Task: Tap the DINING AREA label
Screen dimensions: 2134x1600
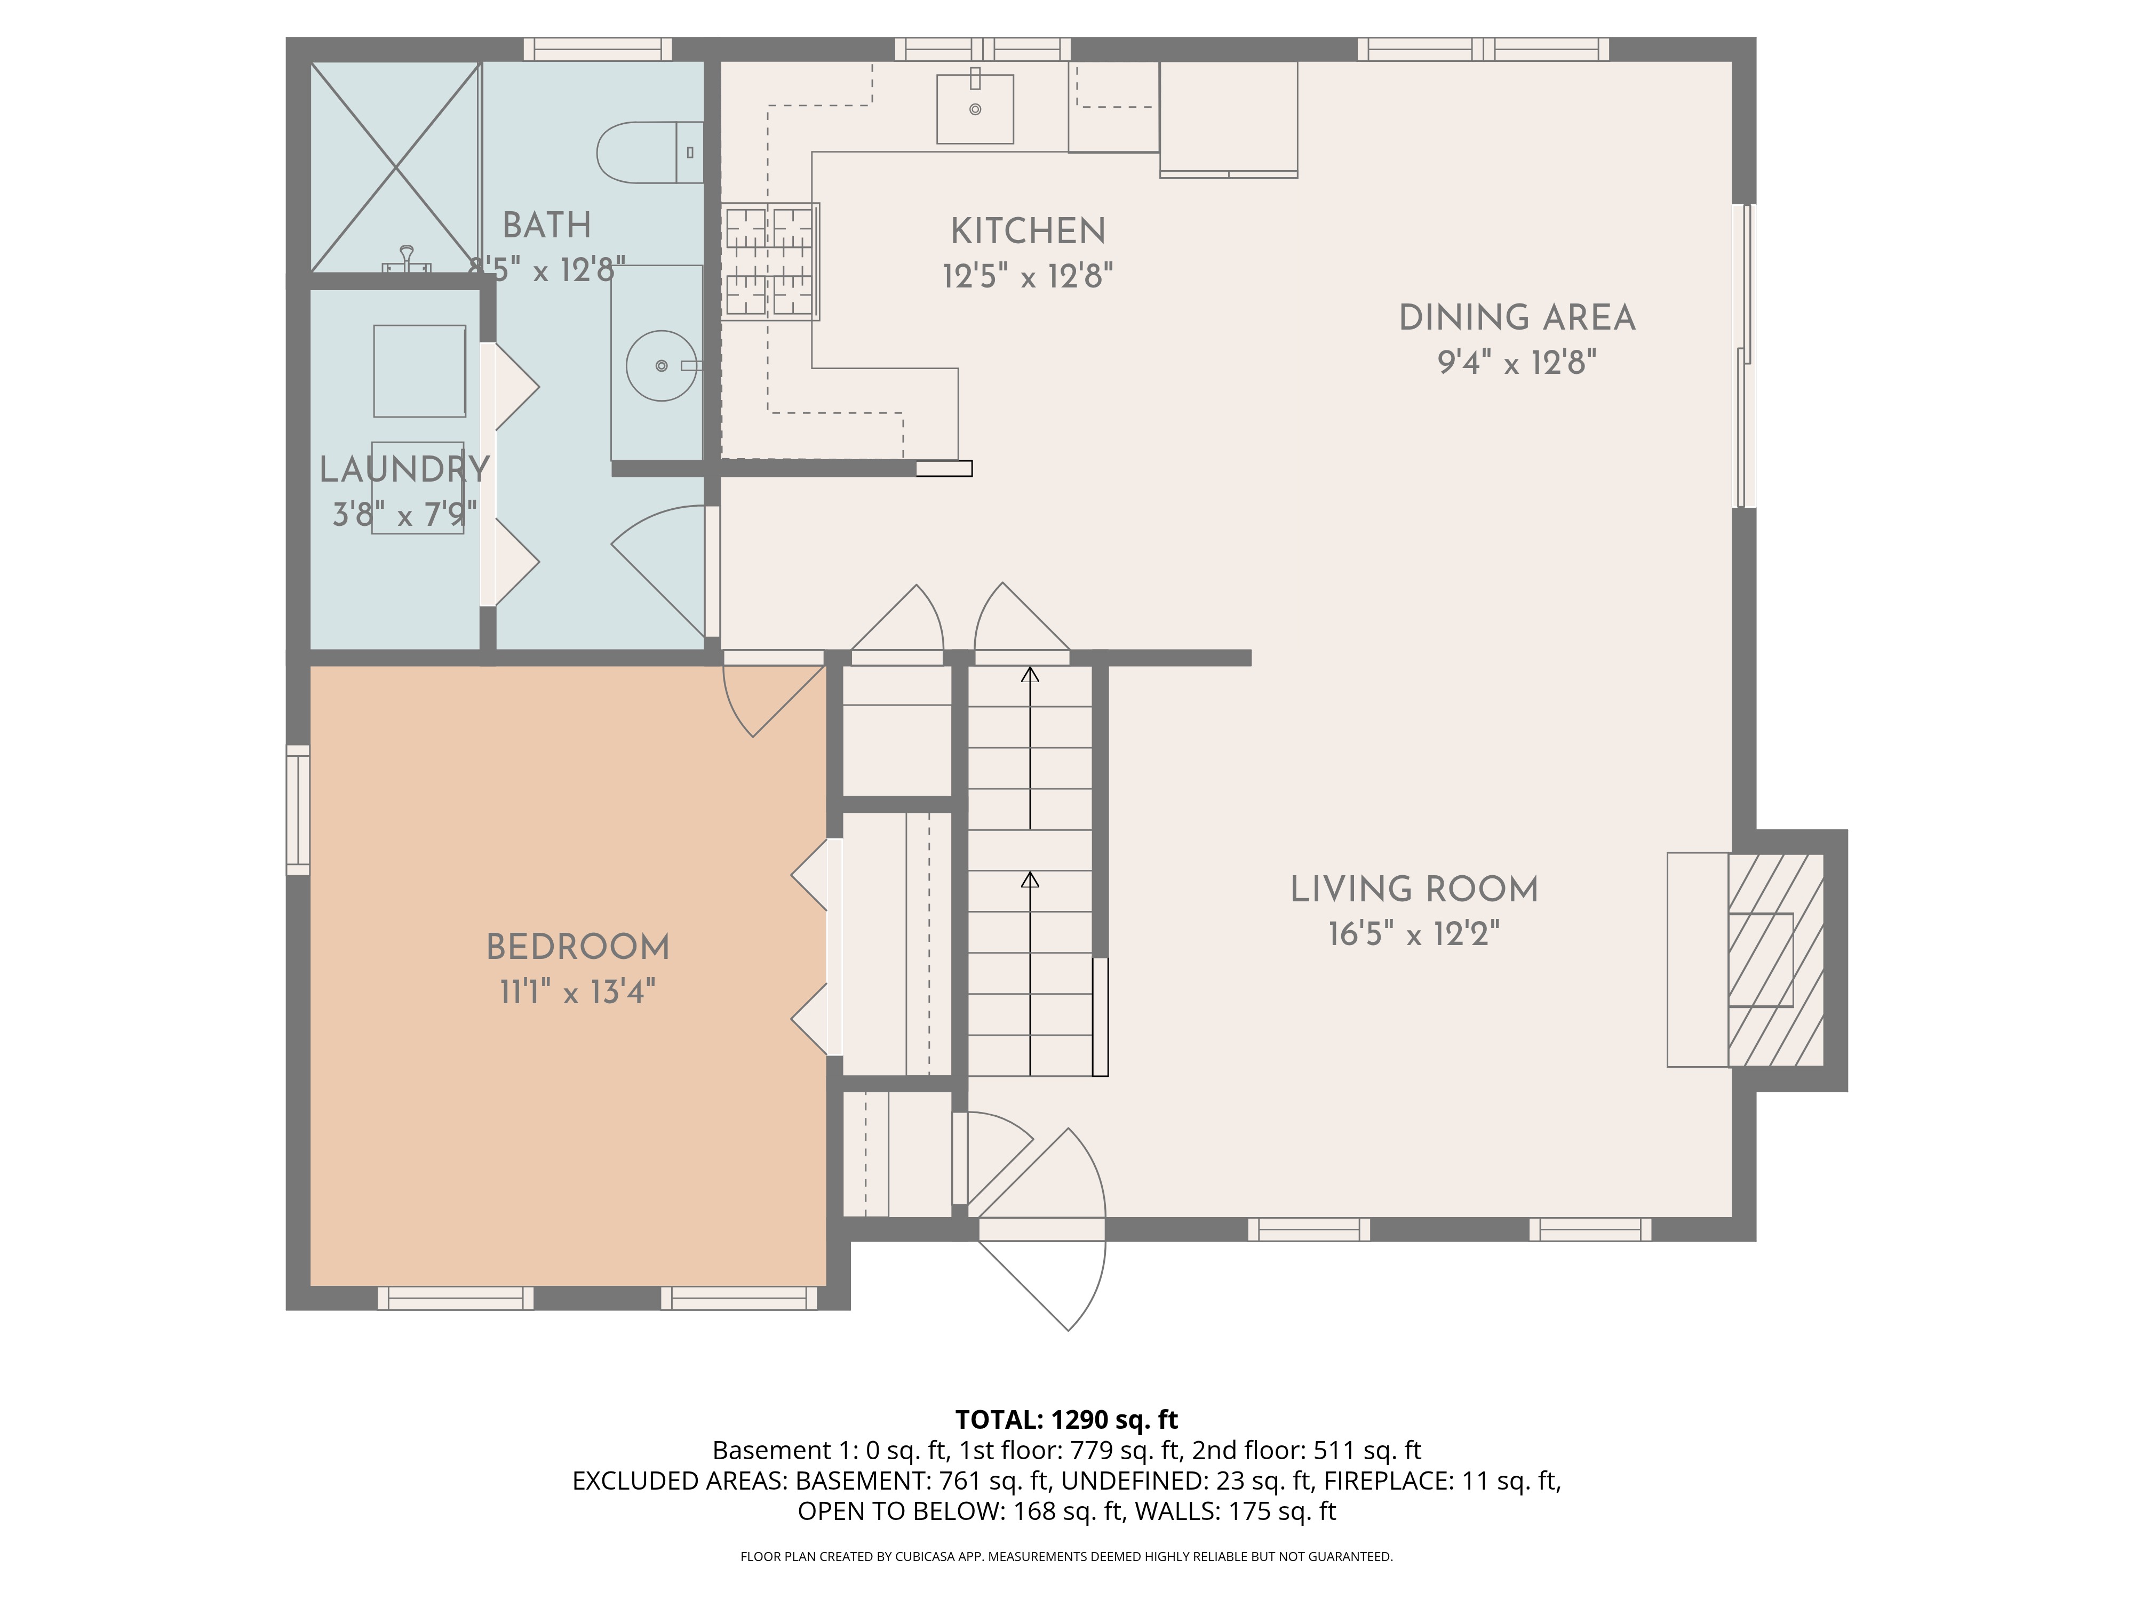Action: (1517, 318)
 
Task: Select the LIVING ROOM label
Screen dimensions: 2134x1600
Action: (1414, 889)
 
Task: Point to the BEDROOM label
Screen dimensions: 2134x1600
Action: (578, 947)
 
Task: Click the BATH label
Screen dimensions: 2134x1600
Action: (546, 226)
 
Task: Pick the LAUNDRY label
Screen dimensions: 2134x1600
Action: (404, 470)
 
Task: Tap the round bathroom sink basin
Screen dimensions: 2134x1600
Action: (661, 365)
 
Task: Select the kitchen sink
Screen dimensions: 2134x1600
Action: (975, 109)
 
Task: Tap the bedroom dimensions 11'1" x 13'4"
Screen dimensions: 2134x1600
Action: (578, 991)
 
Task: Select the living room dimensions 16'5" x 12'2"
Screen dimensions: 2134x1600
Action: (1414, 933)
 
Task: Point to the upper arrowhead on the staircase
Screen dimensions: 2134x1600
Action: (1030, 674)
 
